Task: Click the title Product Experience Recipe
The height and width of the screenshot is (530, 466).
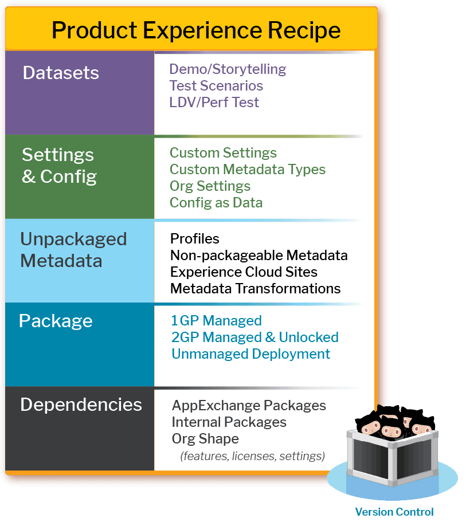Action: tap(196, 30)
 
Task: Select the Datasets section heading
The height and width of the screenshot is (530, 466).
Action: tap(61, 73)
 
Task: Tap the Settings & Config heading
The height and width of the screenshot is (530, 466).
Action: tap(59, 166)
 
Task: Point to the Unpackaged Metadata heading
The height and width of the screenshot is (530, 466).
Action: tap(73, 250)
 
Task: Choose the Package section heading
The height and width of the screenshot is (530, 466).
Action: tap(56, 321)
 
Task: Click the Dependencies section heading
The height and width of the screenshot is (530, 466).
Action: tap(81, 405)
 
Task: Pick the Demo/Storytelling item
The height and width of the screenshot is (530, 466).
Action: tap(228, 69)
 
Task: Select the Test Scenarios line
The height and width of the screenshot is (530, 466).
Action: tap(216, 86)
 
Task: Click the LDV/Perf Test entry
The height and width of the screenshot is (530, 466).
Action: tap(214, 103)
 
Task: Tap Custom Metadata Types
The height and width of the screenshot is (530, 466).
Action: tap(248, 170)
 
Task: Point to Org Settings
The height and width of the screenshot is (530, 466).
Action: tap(210, 186)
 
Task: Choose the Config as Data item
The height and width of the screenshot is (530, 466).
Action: tap(216, 203)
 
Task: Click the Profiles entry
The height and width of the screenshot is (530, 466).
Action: tap(195, 238)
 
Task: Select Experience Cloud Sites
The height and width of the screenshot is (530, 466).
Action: tap(244, 272)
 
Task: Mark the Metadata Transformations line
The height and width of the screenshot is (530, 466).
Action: tap(256, 288)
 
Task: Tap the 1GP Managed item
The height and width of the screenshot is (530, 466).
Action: tap(217, 321)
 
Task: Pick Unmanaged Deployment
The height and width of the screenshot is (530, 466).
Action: tap(251, 354)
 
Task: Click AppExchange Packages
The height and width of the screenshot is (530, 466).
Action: tap(249, 406)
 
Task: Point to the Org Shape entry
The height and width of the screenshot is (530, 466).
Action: tap(205, 439)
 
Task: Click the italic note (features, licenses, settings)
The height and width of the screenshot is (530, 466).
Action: tap(253, 457)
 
